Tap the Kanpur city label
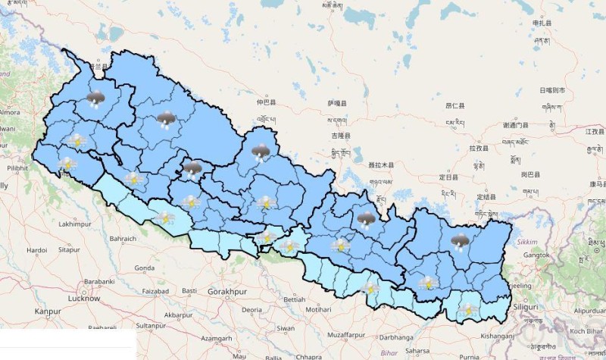tap(48, 311)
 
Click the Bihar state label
tap(389, 353)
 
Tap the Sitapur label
tap(69, 249)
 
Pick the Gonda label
tap(144, 268)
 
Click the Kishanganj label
tap(496, 336)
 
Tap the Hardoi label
tap(36, 249)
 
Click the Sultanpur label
tap(151, 325)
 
